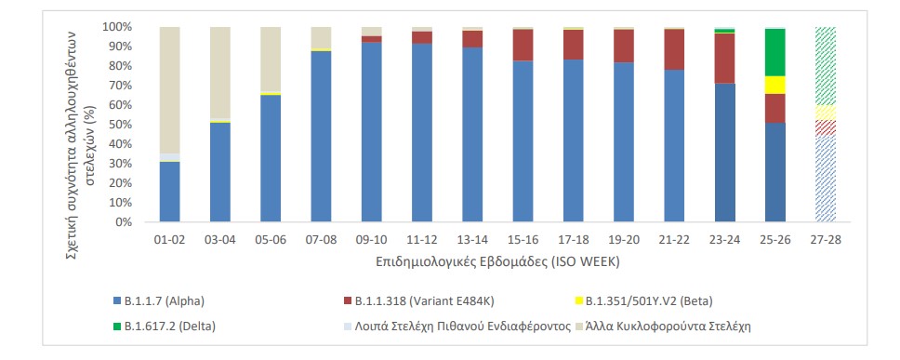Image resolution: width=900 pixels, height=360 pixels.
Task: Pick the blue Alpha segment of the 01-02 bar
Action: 170,192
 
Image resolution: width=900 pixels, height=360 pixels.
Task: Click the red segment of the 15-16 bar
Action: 523,45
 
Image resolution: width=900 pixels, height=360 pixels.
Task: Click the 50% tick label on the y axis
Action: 117,125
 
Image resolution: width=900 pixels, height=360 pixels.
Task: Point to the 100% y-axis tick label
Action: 114,27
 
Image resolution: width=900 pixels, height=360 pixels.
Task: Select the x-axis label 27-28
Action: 825,238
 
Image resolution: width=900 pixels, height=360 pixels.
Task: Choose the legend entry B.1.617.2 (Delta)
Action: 167,327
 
